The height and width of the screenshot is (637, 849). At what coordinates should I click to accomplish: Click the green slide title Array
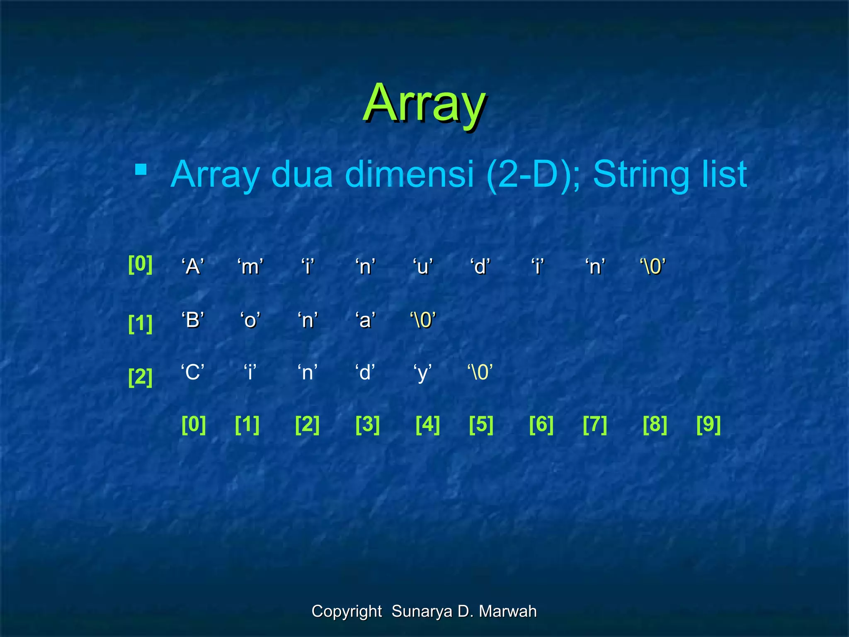[424, 104]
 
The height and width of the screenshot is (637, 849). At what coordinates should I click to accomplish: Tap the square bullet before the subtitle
[141, 170]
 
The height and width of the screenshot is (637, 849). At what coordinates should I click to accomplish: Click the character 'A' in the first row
[193, 266]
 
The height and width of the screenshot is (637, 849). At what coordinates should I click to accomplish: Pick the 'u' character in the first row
[422, 266]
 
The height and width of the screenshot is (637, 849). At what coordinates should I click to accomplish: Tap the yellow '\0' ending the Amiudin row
[653, 266]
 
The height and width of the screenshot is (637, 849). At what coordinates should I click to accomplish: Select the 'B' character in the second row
[193, 320]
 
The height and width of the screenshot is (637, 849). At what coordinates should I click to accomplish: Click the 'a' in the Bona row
[365, 320]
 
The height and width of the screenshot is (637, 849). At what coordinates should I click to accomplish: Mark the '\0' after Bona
[422, 320]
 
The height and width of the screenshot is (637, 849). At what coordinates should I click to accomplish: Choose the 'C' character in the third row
[193, 372]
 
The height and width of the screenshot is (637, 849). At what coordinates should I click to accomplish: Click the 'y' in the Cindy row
[422, 373]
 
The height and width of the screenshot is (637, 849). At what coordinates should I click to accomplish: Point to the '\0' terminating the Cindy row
[480, 372]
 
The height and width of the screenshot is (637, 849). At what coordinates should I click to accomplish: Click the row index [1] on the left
[140, 323]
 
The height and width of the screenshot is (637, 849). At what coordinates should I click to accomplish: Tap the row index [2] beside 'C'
[140, 377]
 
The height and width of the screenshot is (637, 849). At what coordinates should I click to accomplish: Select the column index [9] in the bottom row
[708, 424]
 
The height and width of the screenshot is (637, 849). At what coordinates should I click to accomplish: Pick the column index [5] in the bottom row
[481, 424]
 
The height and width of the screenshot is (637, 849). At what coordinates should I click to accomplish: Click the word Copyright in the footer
[347, 611]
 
